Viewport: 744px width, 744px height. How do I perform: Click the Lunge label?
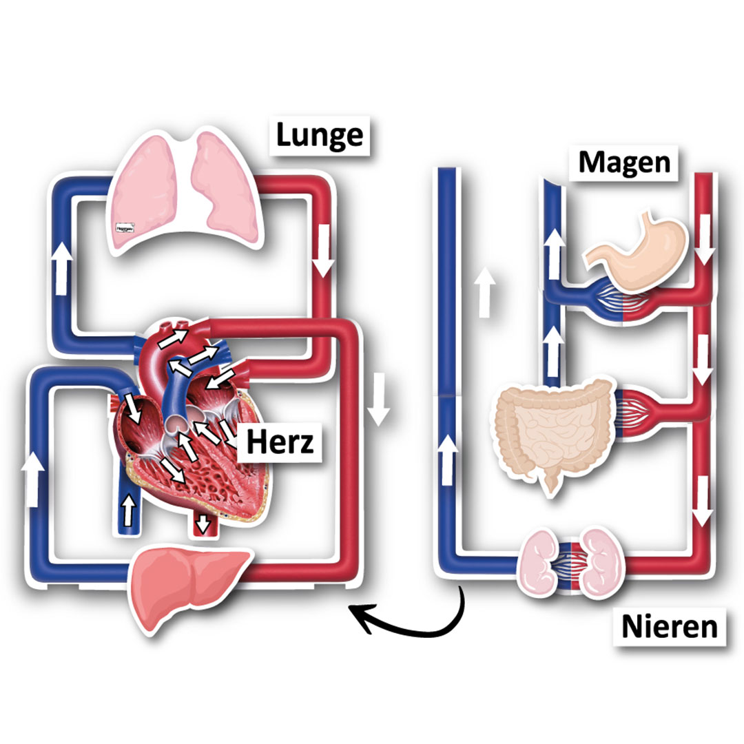319,135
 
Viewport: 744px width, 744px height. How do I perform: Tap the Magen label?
624,163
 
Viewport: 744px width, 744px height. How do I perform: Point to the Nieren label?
669,627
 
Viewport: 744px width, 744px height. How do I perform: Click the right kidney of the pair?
602,561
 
